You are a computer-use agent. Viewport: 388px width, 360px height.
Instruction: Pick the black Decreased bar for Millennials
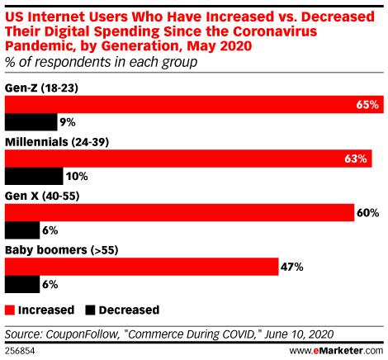point(34,176)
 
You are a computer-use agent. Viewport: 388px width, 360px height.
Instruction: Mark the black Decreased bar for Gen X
point(22,230)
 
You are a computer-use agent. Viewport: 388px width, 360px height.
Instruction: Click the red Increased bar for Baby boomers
point(141,267)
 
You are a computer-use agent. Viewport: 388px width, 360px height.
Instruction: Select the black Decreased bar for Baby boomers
point(22,284)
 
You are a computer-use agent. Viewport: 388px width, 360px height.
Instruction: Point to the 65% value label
point(369,105)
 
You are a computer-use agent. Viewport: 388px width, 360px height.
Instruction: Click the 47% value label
point(293,267)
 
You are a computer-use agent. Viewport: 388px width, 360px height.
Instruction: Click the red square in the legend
point(11,310)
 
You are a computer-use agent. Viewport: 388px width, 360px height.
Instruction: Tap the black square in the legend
point(90,310)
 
